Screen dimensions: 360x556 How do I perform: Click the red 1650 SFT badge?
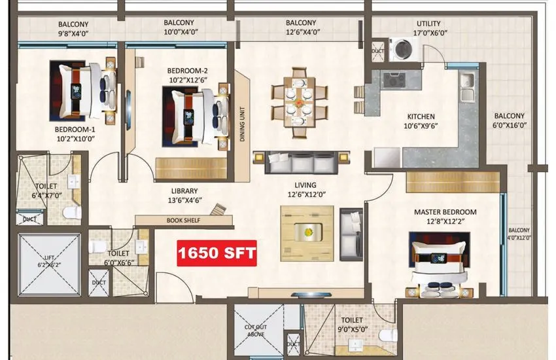click(218, 251)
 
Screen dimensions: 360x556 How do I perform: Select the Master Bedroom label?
click(445, 212)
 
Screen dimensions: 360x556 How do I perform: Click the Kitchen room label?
click(419, 117)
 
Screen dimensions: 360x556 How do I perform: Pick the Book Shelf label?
click(183, 221)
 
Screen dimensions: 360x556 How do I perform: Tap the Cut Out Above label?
click(255, 330)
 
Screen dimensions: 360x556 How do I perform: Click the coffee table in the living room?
click(307, 231)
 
